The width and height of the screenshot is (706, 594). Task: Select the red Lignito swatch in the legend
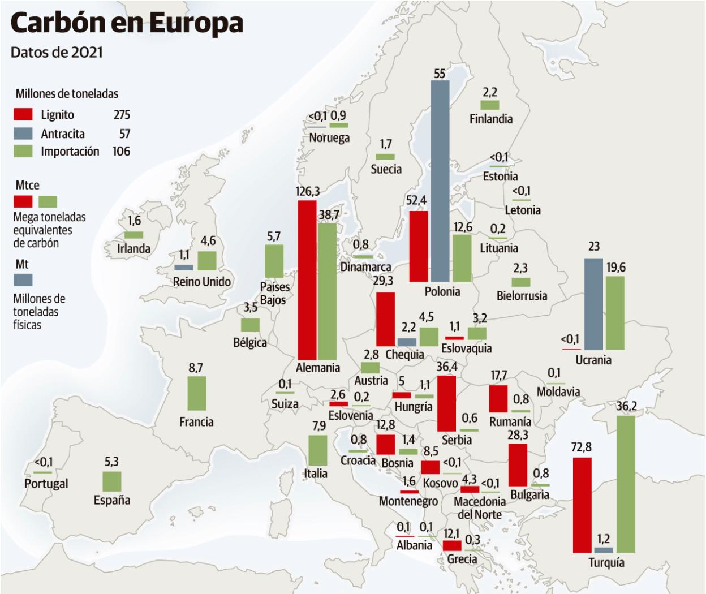point(23,115)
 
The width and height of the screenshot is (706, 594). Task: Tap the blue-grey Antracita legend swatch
point(23,134)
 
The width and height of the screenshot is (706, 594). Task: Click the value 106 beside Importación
point(121,152)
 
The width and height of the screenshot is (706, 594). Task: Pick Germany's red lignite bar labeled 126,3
point(307,279)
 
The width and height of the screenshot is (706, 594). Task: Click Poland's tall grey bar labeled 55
point(440,181)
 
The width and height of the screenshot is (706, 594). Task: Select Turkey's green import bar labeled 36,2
point(626,484)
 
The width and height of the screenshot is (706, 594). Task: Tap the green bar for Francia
point(196,393)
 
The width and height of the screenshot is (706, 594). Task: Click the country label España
point(112,500)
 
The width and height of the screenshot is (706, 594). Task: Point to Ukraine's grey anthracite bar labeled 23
point(593,304)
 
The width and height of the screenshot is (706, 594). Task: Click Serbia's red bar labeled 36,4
point(446,403)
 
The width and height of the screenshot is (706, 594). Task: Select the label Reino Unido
point(202,282)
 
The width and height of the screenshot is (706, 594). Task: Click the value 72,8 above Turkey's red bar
point(581,447)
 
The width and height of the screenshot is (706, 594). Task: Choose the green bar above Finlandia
point(490,105)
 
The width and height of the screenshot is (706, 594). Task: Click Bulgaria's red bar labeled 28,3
point(518,465)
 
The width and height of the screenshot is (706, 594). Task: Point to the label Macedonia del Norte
point(480,508)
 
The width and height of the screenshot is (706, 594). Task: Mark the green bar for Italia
point(317,450)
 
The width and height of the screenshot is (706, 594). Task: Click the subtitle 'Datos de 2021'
point(57,52)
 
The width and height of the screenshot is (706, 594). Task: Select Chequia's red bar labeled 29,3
point(385,319)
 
